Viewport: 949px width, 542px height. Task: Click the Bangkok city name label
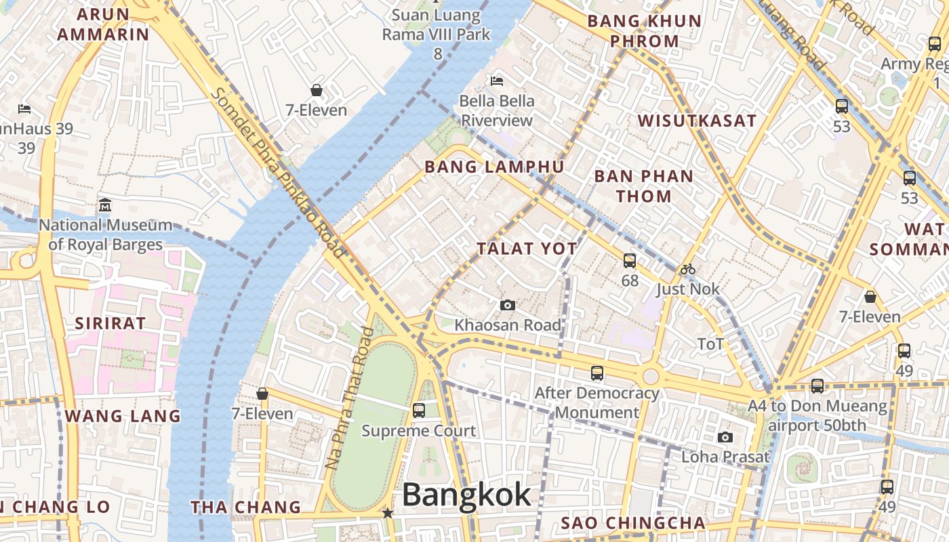pos(466,495)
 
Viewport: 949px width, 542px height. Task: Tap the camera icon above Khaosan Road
pos(507,306)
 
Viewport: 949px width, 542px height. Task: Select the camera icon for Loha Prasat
pos(725,437)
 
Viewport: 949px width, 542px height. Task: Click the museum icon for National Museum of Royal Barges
pos(105,205)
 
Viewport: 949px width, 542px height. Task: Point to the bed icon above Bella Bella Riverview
pos(497,81)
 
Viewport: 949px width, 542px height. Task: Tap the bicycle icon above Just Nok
pos(687,269)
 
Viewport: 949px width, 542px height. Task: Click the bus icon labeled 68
pos(630,260)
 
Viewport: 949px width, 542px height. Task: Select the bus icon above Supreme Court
pos(419,410)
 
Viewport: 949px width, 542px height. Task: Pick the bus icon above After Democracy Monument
pos(597,373)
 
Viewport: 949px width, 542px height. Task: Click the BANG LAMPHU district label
pos(493,167)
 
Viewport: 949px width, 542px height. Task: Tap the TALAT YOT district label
pos(527,249)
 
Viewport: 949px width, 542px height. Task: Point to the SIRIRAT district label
pos(110,323)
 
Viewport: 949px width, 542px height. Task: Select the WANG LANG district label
pos(123,416)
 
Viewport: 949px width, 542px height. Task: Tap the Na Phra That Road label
pos(349,398)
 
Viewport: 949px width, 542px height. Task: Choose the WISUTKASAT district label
pos(697,121)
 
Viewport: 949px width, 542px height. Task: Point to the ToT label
pos(710,344)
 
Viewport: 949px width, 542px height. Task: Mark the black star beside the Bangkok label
pos(388,514)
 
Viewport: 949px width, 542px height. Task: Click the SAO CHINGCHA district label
pos(633,523)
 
